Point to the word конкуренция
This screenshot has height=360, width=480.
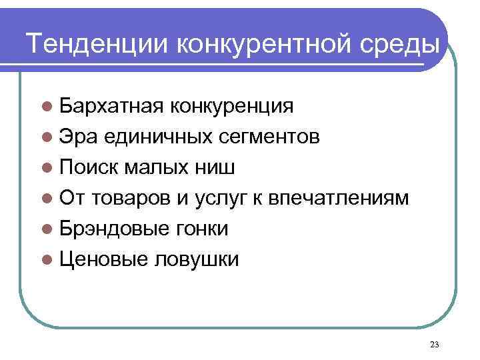pyautogui.click(x=231, y=106)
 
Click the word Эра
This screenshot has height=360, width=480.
pyautogui.click(x=77, y=137)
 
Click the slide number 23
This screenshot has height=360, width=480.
pyautogui.click(x=435, y=344)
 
